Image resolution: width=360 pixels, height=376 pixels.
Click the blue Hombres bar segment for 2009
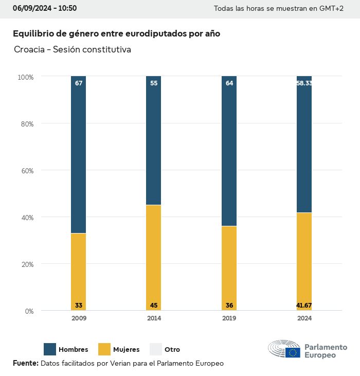(79, 154)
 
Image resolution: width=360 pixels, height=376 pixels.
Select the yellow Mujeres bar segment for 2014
(154, 257)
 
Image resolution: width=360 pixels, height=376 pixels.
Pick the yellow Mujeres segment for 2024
(304, 261)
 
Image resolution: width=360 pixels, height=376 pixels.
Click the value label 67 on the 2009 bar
(79, 83)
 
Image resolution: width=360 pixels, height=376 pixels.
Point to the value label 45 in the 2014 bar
(154, 306)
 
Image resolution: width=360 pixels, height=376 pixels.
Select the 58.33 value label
(304, 83)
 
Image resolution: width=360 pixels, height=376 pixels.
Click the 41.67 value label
(304, 306)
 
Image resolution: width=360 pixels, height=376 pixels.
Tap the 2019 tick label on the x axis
(229, 318)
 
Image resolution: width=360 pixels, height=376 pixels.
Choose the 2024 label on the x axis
(304, 318)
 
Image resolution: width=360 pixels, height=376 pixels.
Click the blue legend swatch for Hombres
(50, 349)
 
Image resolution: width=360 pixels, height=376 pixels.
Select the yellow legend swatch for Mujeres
(104, 349)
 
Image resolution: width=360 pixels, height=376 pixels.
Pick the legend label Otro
(172, 350)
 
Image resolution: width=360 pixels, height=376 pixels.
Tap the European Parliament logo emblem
(284, 350)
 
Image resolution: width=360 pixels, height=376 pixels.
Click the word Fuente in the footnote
(25, 363)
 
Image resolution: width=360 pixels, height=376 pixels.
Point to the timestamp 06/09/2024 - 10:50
(45, 8)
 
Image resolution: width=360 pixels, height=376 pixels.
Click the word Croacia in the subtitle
(29, 50)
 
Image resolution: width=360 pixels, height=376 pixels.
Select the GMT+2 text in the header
(332, 9)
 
